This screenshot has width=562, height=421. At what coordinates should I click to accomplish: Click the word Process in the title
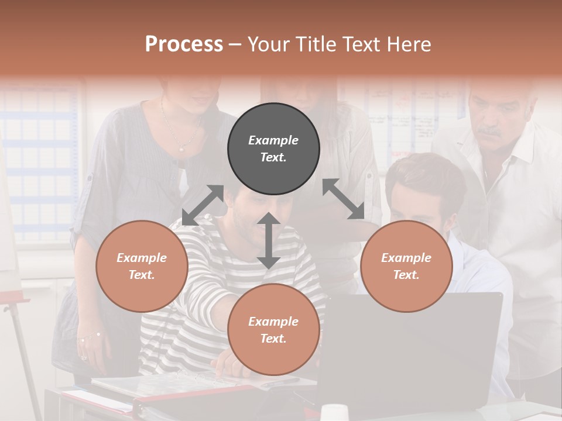184,44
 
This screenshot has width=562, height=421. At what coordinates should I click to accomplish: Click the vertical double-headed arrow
268,240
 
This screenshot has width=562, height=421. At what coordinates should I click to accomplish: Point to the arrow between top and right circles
343,199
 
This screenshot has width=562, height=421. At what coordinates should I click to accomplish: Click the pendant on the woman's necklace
181,150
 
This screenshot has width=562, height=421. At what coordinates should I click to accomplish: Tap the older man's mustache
490,132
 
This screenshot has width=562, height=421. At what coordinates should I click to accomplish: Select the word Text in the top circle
273,157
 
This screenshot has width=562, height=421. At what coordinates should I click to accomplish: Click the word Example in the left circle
142,258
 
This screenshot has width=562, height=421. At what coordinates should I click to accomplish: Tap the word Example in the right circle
406,258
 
